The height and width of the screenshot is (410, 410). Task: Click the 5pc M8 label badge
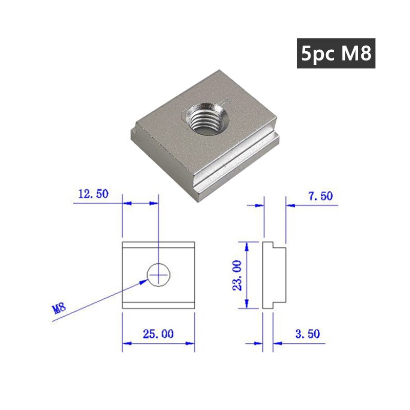click(336, 53)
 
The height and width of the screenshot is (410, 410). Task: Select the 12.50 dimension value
click(93, 194)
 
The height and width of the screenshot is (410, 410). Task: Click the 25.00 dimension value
click(158, 334)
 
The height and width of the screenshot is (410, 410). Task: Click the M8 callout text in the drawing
click(59, 309)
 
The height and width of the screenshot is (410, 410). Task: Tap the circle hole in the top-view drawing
click(158, 275)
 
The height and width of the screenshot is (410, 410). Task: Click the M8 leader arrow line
click(102, 297)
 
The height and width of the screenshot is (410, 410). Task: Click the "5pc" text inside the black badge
click(317, 53)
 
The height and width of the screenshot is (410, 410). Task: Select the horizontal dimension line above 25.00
click(158, 344)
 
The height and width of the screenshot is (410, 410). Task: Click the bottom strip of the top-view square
click(158, 304)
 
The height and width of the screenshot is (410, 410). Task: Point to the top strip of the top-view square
click(158, 244)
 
